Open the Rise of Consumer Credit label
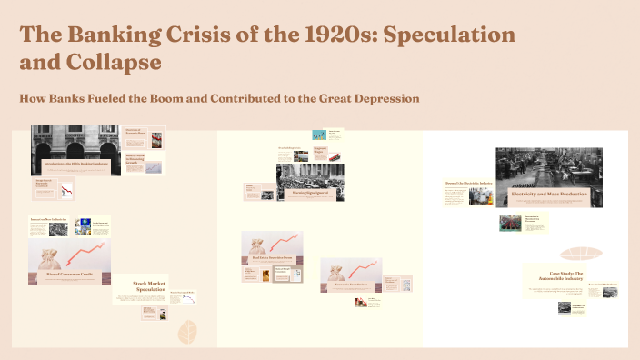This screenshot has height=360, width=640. pyautogui.click(x=71, y=273)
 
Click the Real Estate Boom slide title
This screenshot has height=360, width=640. pyautogui.click(x=272, y=258)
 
